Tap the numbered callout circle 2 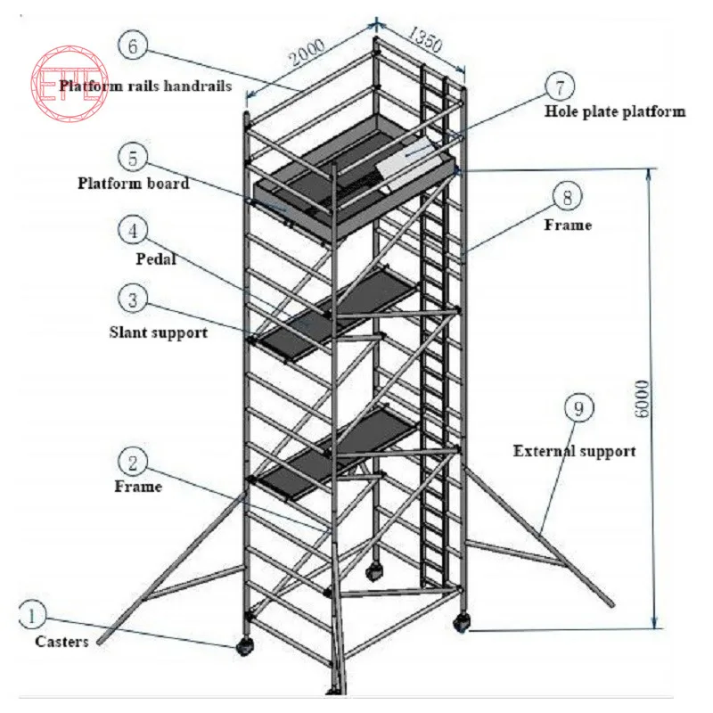[x=133, y=462]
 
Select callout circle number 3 [x=133, y=299]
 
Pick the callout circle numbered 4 [x=133, y=230]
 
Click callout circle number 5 [x=133, y=159]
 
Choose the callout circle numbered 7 [x=560, y=86]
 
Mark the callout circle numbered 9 [x=578, y=409]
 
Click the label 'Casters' [x=61, y=642]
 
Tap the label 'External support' [x=574, y=451]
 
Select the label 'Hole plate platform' [x=615, y=112]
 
